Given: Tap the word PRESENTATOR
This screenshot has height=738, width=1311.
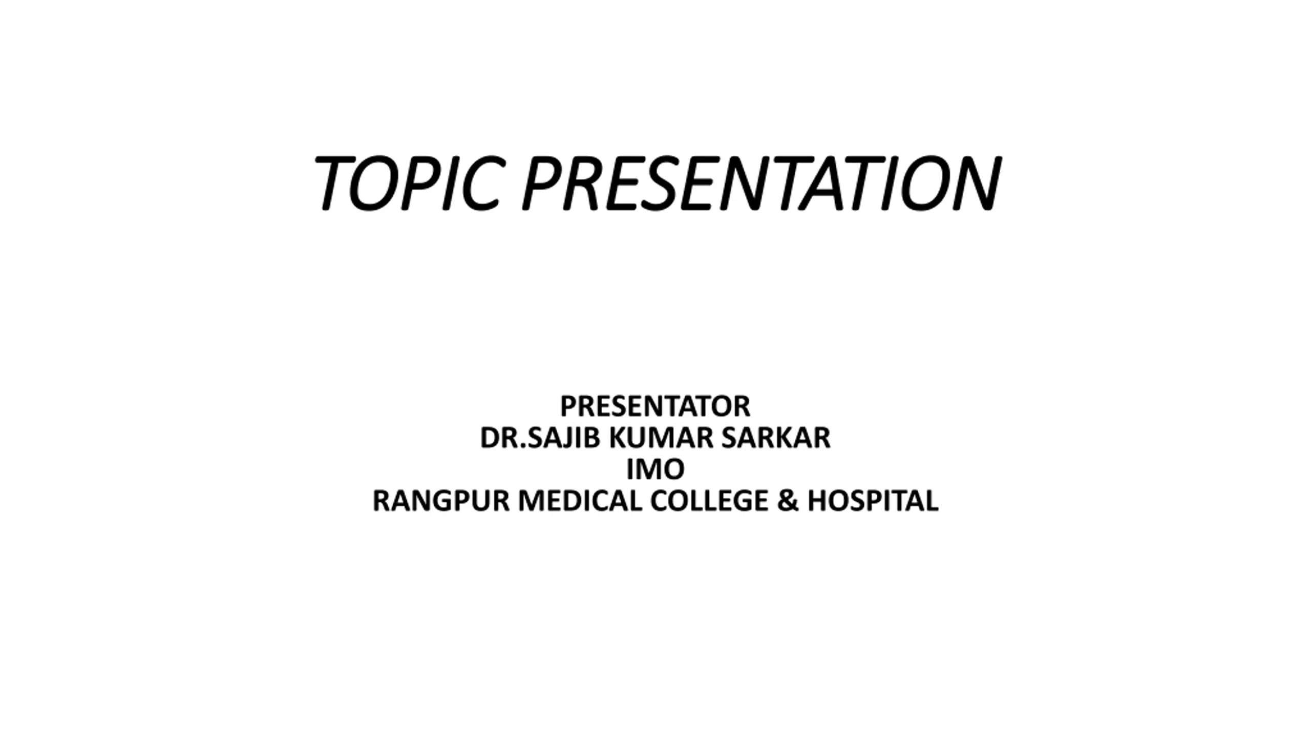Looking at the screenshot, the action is (655, 406).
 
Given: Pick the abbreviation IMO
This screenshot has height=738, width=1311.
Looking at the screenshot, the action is (655, 469).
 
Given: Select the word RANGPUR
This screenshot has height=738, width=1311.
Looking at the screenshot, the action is (441, 501).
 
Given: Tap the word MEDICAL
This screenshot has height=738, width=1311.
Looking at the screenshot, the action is (580, 501).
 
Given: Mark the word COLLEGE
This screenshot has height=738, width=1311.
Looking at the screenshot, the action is (709, 501).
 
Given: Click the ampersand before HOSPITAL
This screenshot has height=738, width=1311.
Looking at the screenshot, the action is (788, 501).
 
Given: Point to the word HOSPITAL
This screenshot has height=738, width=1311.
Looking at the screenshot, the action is (873, 501).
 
